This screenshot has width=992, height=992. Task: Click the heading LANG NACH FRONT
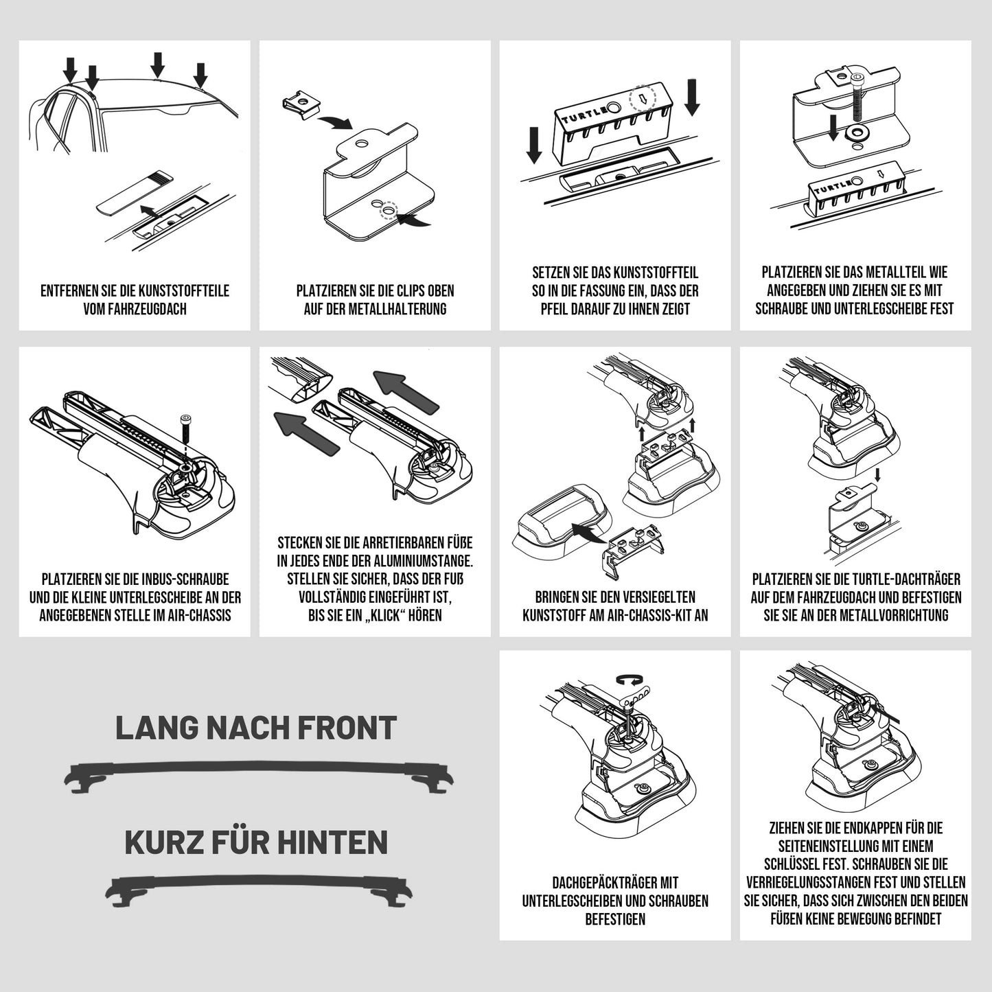(256, 728)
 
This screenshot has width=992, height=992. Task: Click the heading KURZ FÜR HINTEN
(256, 842)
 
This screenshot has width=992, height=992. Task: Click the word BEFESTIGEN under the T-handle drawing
(615, 919)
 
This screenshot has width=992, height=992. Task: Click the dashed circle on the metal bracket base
(389, 211)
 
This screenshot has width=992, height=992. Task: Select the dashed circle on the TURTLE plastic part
(643, 97)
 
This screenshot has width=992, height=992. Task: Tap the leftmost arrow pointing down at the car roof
(71, 69)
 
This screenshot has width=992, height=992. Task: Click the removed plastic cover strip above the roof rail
(135, 192)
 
